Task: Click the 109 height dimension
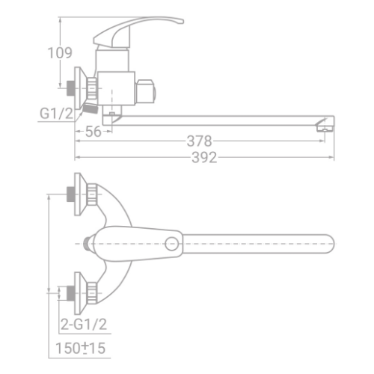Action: pos(60,53)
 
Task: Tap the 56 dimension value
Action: pos(93,132)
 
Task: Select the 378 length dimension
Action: pos(199,141)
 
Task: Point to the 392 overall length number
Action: pos(204,158)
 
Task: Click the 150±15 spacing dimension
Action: pos(81,348)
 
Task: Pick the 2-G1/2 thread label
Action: pos(84,324)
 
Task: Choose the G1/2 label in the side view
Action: pos(57,114)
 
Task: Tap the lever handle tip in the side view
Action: pos(182,22)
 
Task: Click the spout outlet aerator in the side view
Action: pos(325,129)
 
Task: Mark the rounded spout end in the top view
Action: pos(331,244)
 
